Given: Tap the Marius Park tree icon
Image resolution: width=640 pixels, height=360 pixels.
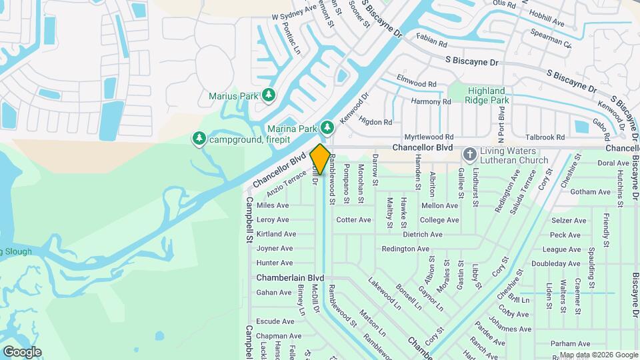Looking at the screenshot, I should coord(268,95).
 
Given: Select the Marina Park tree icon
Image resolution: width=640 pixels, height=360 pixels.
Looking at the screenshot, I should coord(327,127).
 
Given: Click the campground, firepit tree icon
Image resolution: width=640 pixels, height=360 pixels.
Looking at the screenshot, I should coord(198,139).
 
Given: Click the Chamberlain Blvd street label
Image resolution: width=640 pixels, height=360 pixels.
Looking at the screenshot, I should coord(290,277).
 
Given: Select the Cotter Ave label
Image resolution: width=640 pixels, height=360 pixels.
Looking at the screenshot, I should coord(353,219).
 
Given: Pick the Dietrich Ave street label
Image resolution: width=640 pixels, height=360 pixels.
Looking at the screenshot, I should coord(423,235).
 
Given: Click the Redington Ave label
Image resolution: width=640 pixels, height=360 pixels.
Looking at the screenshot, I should coord(405,249).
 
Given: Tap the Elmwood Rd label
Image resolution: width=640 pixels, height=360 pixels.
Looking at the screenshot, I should coord(416,85).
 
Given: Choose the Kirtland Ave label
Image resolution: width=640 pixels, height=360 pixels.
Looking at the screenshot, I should coord(276,235).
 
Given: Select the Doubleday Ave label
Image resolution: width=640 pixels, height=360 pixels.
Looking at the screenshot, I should coord(556,264).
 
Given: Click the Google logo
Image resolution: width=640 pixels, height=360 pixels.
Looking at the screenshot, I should coord(22,352).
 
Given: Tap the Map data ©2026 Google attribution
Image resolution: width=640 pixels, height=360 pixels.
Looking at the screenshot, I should coord(598,355).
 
